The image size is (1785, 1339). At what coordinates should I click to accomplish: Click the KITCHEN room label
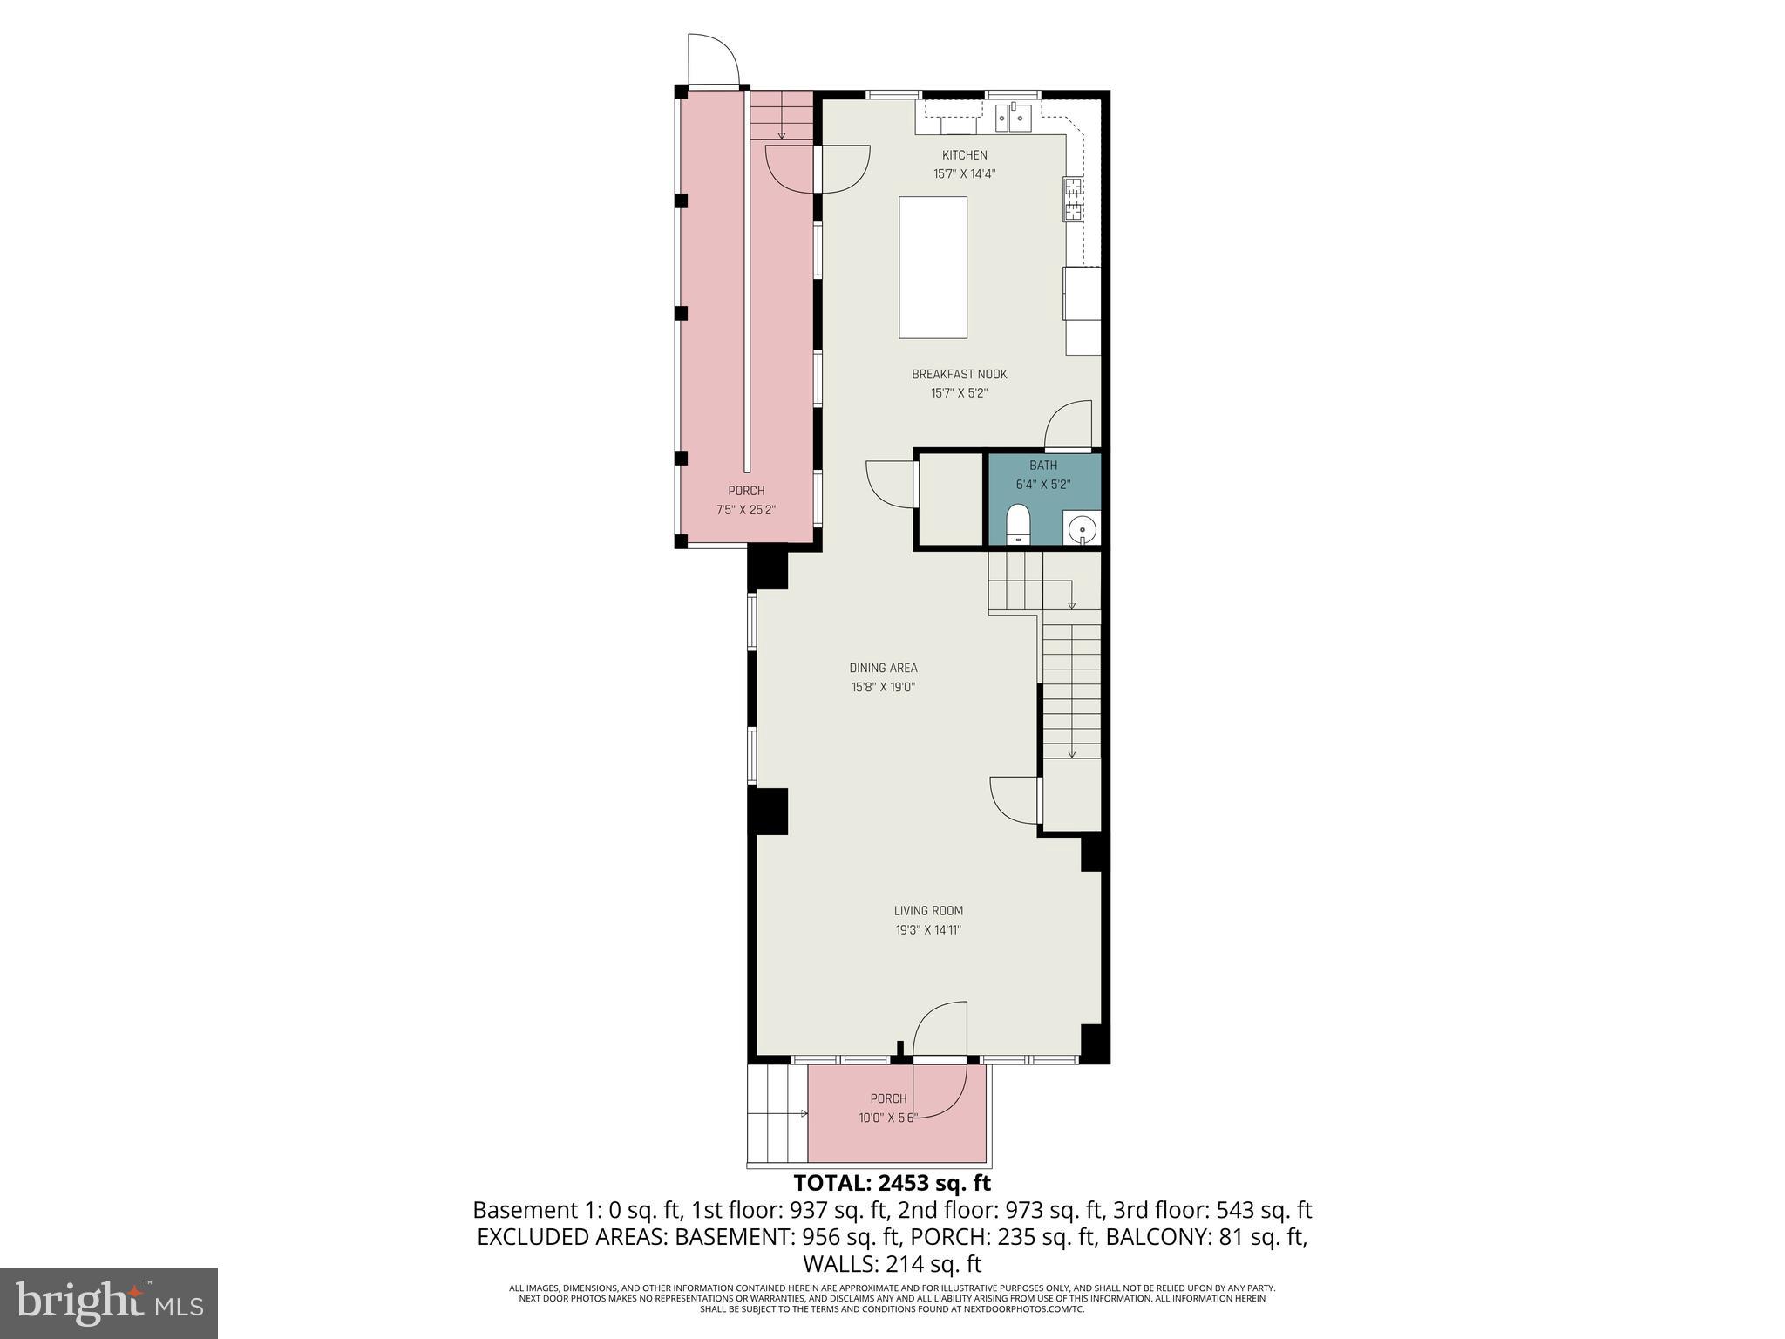click(964, 155)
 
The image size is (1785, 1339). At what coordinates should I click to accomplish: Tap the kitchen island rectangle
click(933, 267)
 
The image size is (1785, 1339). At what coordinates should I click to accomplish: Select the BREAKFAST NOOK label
click(959, 374)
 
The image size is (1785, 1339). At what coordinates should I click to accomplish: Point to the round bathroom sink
click(1082, 528)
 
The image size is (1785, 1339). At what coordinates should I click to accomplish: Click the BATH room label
click(1042, 466)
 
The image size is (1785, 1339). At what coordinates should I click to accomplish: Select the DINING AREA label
click(883, 668)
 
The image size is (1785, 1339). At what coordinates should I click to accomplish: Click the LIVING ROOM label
click(928, 911)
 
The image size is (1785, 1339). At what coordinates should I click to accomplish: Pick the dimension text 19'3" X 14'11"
click(928, 930)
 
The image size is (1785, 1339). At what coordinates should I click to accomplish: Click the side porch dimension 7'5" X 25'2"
click(745, 510)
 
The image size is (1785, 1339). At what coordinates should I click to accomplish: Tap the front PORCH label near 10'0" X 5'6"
click(888, 1098)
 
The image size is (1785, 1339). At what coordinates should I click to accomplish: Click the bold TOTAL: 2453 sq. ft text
click(892, 1183)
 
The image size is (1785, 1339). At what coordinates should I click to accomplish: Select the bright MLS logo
click(108, 1302)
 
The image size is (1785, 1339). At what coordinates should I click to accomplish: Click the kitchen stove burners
click(1073, 198)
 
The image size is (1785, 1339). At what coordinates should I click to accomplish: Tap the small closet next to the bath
click(950, 501)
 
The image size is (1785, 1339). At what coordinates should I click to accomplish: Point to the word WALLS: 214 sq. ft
click(892, 1264)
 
